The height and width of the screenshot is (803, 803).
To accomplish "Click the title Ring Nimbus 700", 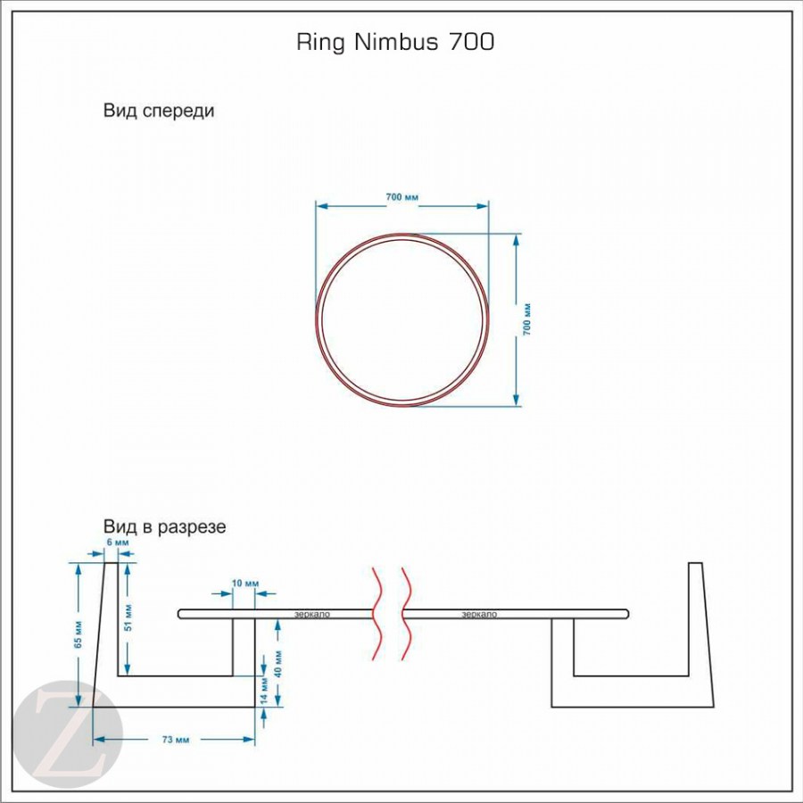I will pyautogui.click(x=394, y=43).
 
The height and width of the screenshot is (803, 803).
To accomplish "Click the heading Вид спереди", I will pyautogui.click(x=159, y=112).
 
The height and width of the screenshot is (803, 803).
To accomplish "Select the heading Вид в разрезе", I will pyautogui.click(x=164, y=527).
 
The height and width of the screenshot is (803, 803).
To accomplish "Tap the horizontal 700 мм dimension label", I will pyautogui.click(x=402, y=196).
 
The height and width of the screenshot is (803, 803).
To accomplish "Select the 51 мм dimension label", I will pyautogui.click(x=129, y=617).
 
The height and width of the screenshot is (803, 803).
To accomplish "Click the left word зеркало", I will pyautogui.click(x=312, y=614).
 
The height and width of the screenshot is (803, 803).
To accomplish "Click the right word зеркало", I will pyautogui.click(x=480, y=614).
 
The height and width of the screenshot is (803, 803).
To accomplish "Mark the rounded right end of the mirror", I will pyautogui.click(x=626, y=614).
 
